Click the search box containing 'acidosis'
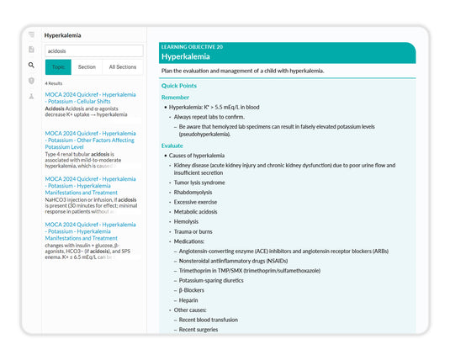tap(93, 50)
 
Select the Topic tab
tap(58, 66)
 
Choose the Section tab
tap(87, 66)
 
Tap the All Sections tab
tap(123, 66)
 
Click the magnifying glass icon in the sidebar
tap(31, 65)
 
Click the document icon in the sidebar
tap(31, 50)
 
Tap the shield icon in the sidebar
tap(31, 81)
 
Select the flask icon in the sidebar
tap(31, 96)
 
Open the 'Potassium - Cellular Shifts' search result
tap(90, 98)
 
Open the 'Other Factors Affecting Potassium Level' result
tap(90, 140)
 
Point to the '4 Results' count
tap(54, 84)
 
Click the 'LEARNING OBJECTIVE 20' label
tap(192, 47)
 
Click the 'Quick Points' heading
tap(179, 86)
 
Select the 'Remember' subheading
tap(175, 97)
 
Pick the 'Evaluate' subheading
tap(172, 146)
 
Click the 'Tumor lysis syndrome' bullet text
tap(199, 182)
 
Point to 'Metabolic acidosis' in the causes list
tap(195, 211)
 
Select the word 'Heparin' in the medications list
tap(189, 300)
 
